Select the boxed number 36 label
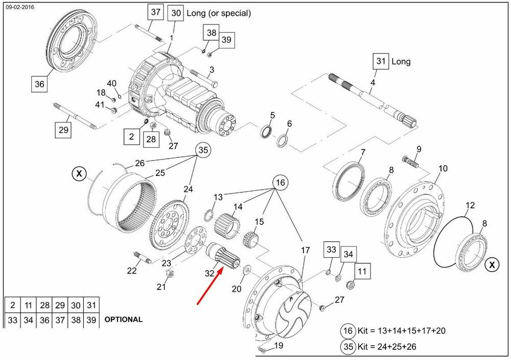[x=39, y=83]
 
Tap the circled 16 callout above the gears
[x=280, y=183]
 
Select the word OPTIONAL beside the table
[x=123, y=320]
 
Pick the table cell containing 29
[x=60, y=305]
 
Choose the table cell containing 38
[x=76, y=320]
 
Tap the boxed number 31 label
[x=380, y=61]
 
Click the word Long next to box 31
[x=401, y=61]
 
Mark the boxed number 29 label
[x=63, y=130]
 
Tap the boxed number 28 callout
[x=151, y=139]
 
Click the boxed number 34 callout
[x=348, y=254]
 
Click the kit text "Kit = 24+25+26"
[x=386, y=347]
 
